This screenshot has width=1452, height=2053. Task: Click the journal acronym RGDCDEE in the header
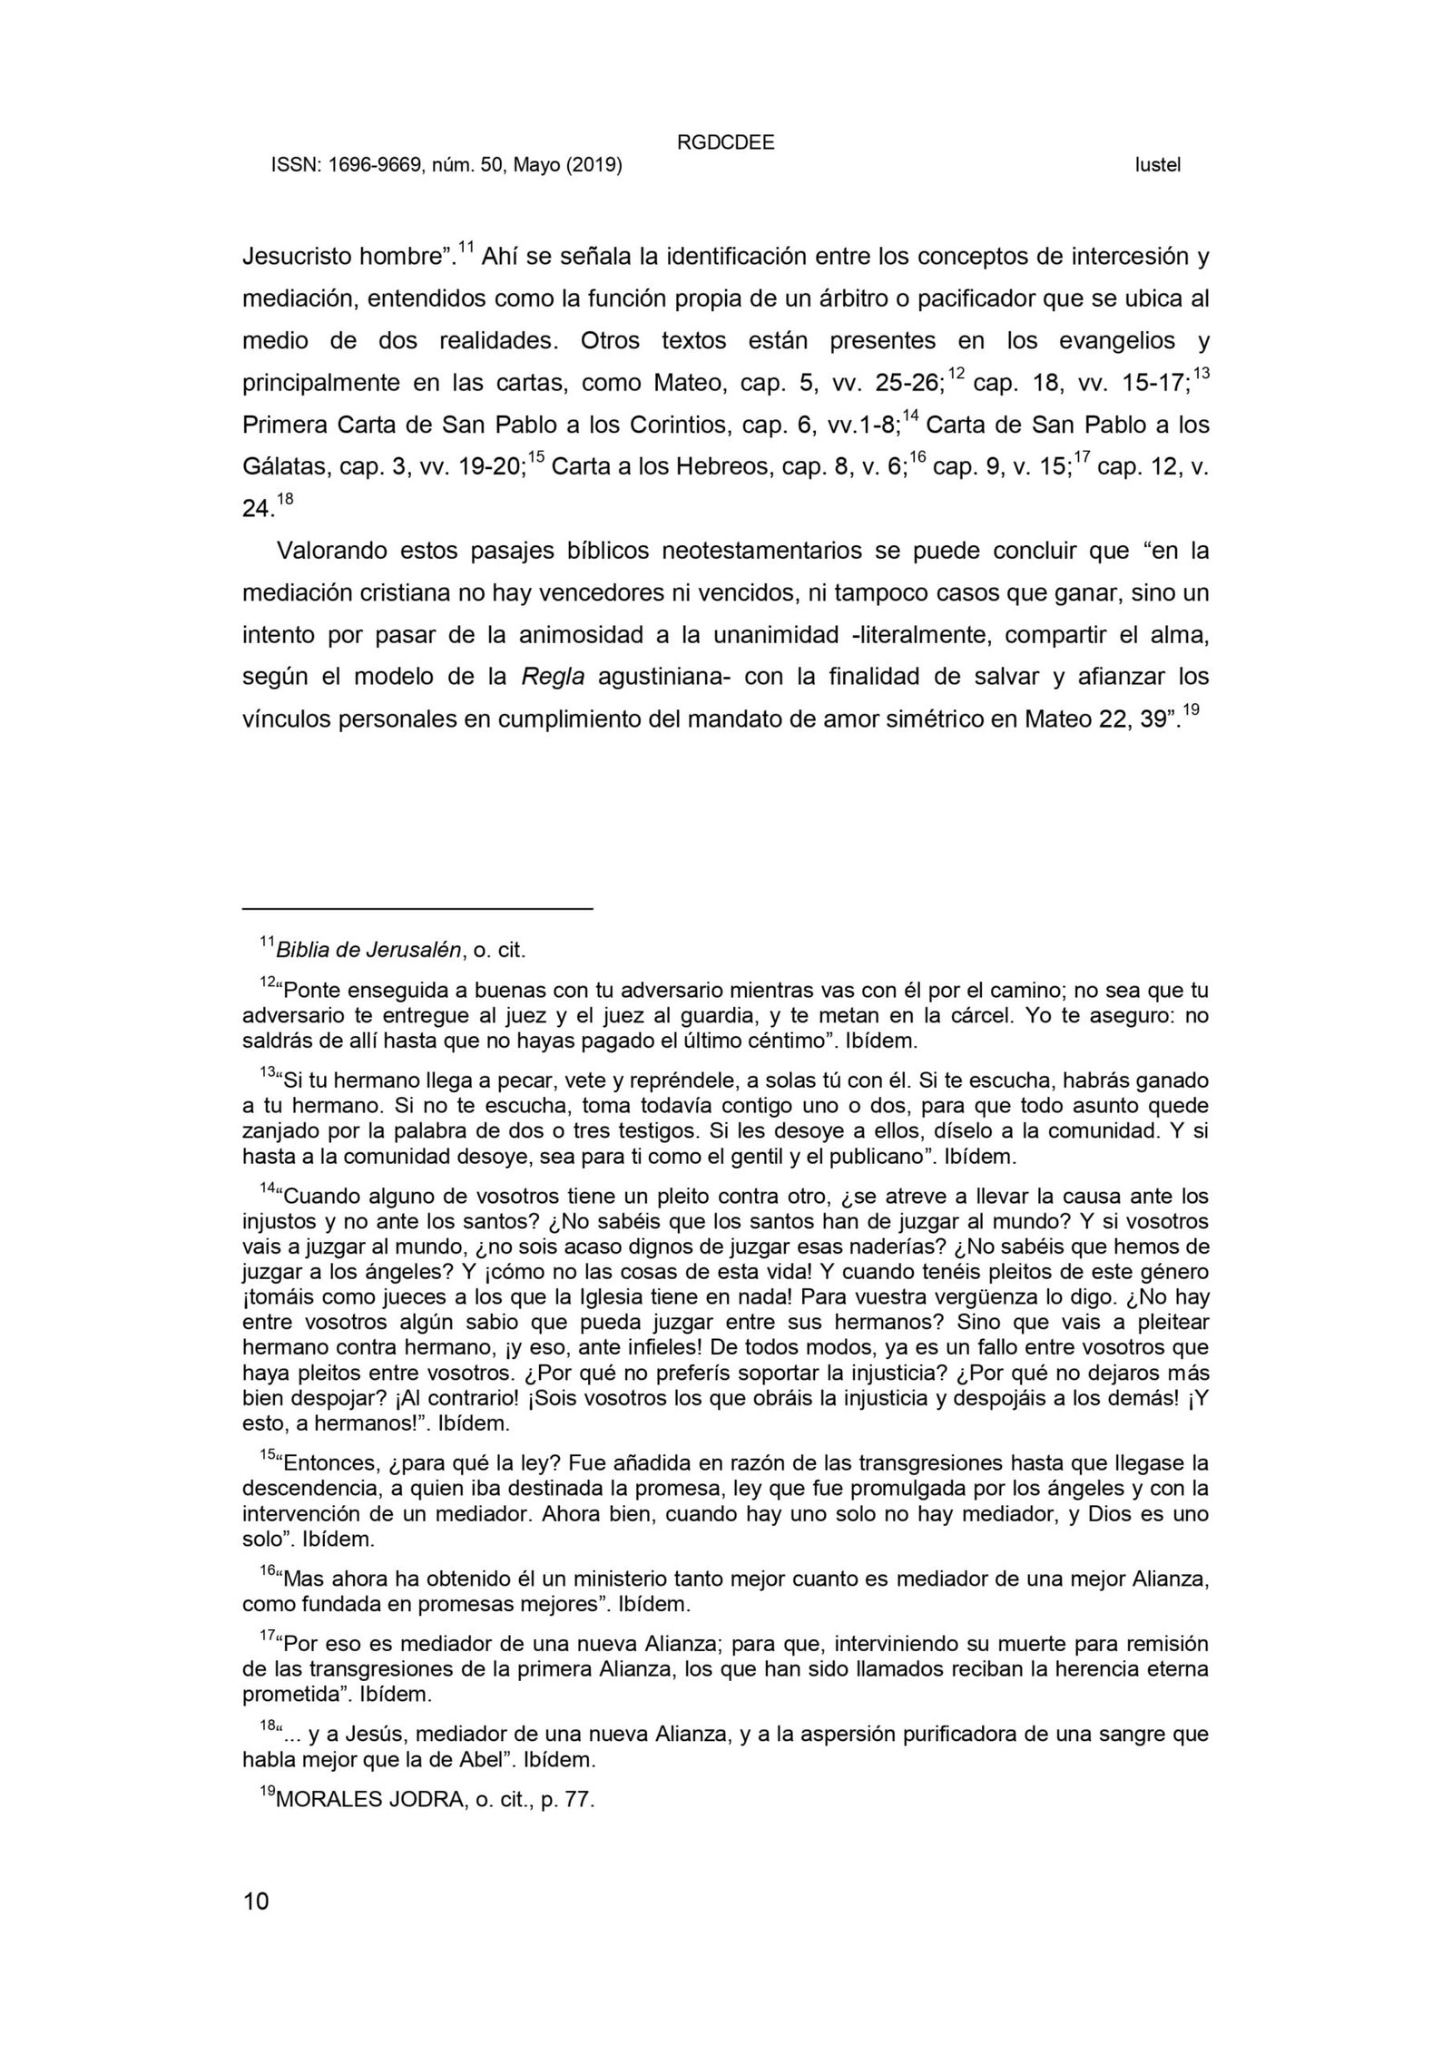(x=725, y=142)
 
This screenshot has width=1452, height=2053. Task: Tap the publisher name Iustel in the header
(x=1157, y=166)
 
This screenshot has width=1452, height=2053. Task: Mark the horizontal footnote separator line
(x=417, y=907)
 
